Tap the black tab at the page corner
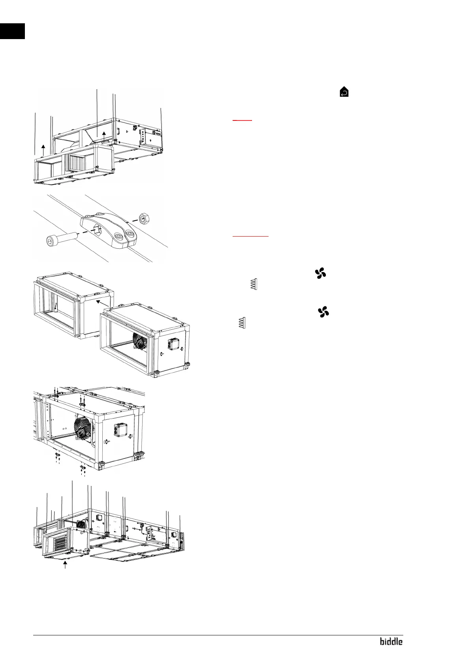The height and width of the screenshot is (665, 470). click(12, 31)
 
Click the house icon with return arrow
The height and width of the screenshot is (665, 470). click(344, 92)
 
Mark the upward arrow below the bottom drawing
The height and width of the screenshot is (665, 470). click(65, 566)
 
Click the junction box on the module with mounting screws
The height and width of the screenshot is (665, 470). click(120, 430)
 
